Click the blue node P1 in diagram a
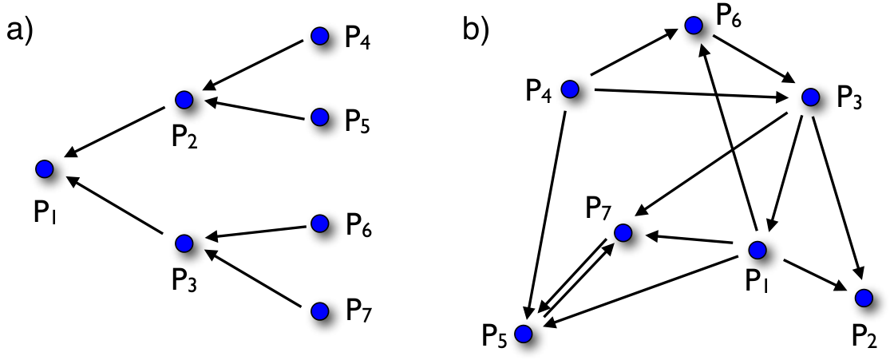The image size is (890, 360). tap(43, 168)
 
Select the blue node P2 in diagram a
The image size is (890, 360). tap(184, 99)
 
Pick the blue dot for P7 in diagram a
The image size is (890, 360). tap(320, 311)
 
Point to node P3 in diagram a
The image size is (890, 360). tap(184, 243)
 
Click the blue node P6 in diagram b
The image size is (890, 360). tap(694, 25)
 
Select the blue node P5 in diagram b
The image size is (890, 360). tap(524, 333)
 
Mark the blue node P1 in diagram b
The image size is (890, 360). tap(757, 249)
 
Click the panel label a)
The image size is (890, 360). tap(21, 30)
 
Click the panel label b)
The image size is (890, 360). tap(477, 30)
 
